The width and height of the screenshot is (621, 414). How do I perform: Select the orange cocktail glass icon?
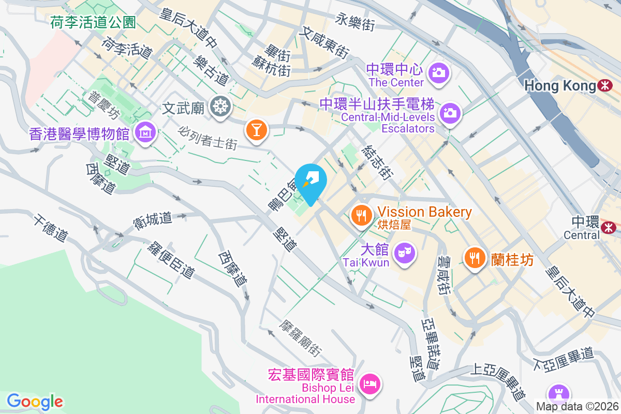point(256,129)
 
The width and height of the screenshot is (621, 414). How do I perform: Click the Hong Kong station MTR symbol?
point(604,85)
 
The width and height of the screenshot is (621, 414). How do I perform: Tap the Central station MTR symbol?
point(609,227)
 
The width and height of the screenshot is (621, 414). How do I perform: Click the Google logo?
point(35,401)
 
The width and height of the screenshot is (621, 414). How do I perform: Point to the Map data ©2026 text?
point(577,407)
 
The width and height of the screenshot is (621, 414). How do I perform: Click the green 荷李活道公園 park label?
point(93,22)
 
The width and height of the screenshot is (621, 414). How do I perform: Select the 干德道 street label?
point(51,228)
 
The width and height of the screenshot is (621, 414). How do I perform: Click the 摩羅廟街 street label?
point(301,338)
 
